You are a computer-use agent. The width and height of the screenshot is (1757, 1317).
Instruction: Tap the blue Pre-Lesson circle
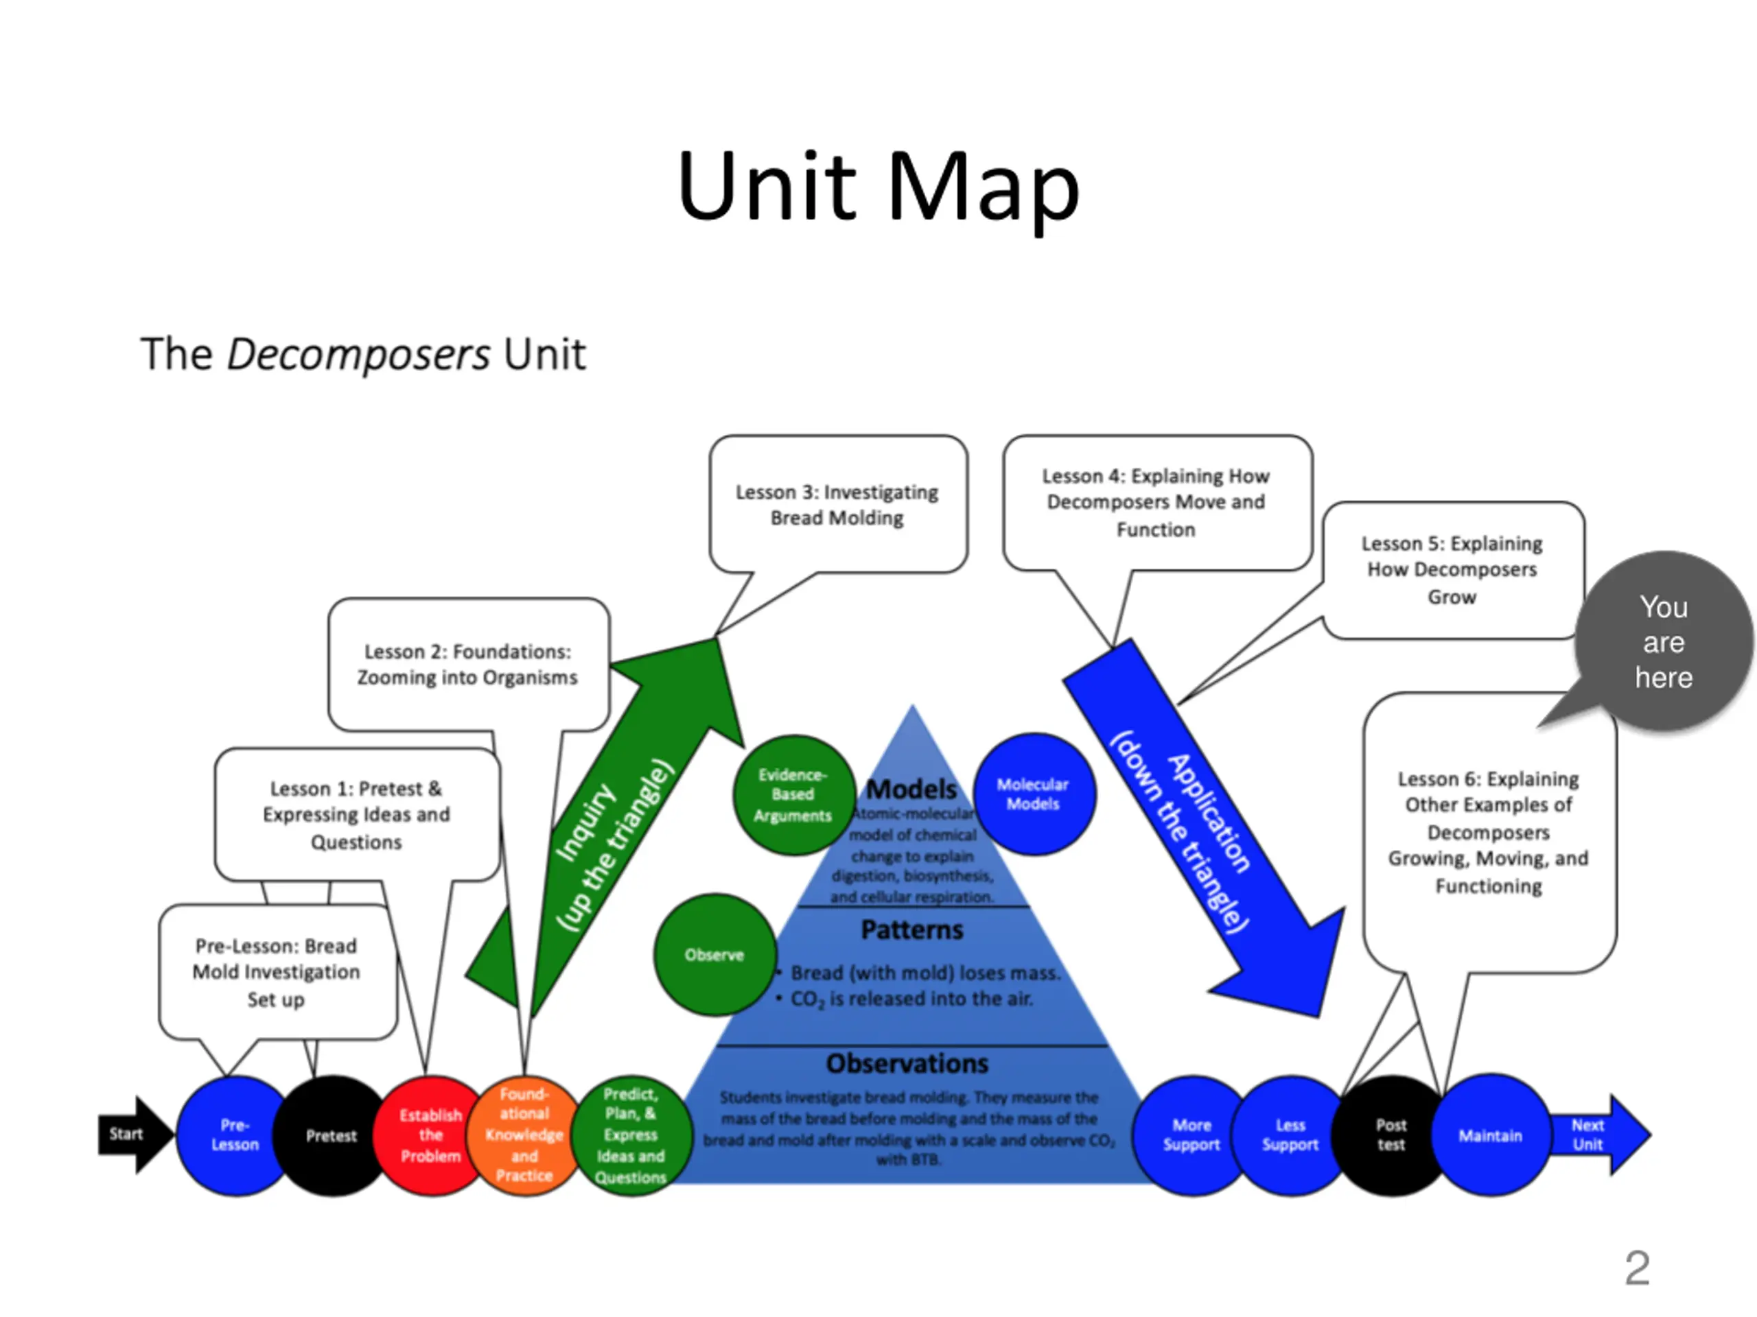click(233, 1135)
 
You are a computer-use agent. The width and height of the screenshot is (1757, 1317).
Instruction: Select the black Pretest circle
click(331, 1135)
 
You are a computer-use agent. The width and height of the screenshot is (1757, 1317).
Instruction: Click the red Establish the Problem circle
click(430, 1135)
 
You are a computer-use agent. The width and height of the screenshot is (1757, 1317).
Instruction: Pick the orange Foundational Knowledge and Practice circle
click(524, 1135)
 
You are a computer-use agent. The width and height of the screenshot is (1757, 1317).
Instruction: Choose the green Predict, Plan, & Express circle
click(631, 1135)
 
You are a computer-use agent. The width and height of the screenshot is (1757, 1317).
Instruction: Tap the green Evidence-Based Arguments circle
click(793, 794)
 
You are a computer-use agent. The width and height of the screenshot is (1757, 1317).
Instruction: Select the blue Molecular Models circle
click(1034, 794)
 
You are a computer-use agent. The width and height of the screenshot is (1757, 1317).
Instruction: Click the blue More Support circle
click(1191, 1135)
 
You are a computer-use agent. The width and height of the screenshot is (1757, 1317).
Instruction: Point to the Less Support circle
click(1290, 1135)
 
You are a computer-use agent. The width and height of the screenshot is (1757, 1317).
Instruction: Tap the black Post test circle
click(1391, 1135)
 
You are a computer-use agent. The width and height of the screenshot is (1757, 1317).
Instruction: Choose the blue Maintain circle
click(1490, 1135)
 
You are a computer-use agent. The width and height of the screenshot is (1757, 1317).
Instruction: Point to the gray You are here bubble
click(1663, 641)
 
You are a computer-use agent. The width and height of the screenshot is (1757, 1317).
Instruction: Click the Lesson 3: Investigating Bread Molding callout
click(837, 505)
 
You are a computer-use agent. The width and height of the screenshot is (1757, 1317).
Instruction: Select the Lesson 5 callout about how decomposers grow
click(1452, 569)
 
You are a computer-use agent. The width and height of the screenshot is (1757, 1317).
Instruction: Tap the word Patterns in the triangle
click(912, 929)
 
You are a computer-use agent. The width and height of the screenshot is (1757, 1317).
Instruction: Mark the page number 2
click(1637, 1268)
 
